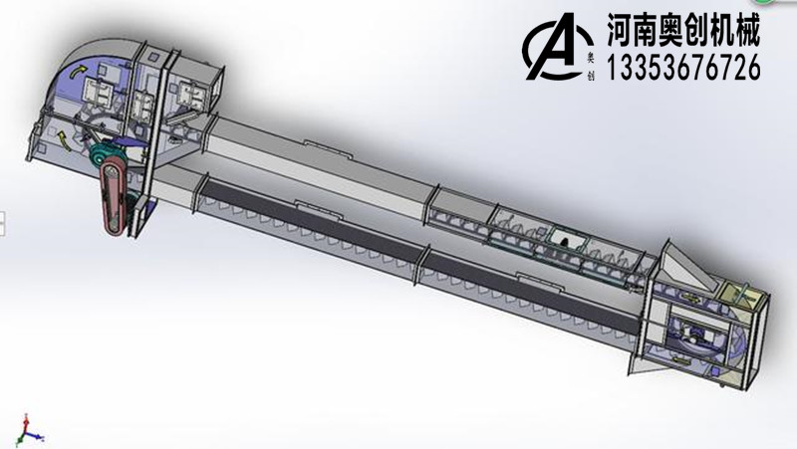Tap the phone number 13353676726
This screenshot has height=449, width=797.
[x=682, y=68]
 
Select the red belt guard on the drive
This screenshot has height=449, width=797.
[x=116, y=199]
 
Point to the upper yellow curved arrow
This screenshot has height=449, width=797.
[x=79, y=70]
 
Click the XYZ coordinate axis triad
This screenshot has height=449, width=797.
[x=29, y=428]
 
